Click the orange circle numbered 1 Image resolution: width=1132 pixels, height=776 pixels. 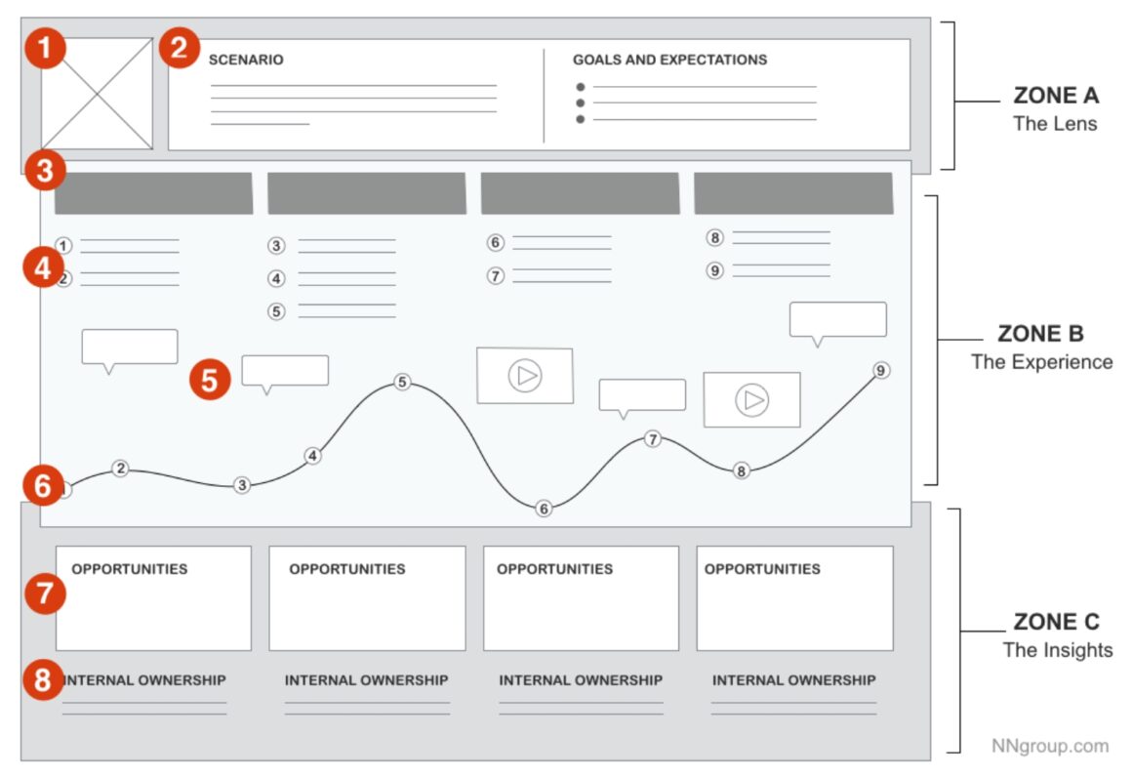tap(45, 49)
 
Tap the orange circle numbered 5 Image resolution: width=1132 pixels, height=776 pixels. tap(210, 380)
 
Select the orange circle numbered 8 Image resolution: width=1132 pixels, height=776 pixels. tap(43, 679)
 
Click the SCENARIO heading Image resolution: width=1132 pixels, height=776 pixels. tap(246, 61)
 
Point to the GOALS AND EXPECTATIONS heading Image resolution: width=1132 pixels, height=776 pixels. tap(669, 61)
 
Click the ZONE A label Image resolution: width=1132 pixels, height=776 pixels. tap(1056, 96)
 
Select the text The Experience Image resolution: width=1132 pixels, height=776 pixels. tap(1041, 362)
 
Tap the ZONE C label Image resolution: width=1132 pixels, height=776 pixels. tap(1056, 623)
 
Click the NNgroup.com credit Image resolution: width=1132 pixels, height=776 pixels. tap(1050, 746)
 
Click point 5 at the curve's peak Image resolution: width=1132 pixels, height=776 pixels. tap(402, 382)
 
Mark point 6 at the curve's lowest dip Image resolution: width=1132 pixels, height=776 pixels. tap(544, 509)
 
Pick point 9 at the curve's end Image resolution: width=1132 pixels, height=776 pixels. tap(881, 371)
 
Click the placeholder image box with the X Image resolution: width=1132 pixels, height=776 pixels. tap(97, 94)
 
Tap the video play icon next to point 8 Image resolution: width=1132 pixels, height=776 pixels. tap(751, 399)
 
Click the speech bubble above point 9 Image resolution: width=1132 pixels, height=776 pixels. tap(837, 320)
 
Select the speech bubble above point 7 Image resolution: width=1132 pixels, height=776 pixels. tap(641, 395)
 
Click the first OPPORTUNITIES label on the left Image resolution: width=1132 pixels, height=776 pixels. tap(130, 569)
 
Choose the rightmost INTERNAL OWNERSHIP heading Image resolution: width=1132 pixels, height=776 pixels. tap(793, 680)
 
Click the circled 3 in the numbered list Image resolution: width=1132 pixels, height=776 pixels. tap(277, 246)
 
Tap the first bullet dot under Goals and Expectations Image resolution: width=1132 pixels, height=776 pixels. tap(581, 87)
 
